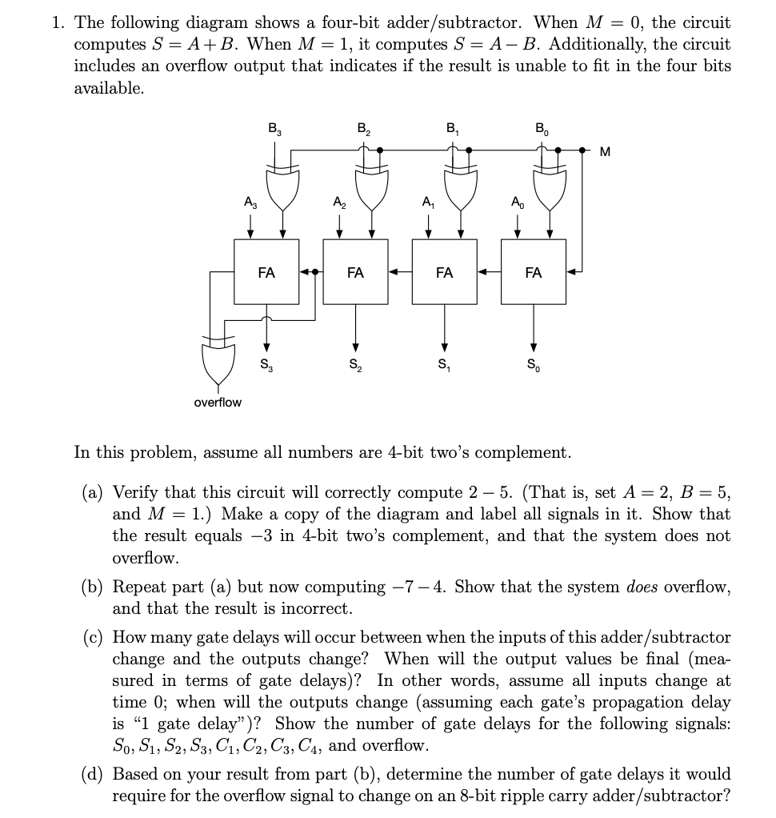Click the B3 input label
click(274, 127)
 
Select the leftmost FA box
click(266, 273)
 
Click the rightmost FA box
click(533, 273)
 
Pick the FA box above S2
click(355, 273)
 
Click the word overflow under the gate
click(218, 402)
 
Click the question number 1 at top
click(58, 22)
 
